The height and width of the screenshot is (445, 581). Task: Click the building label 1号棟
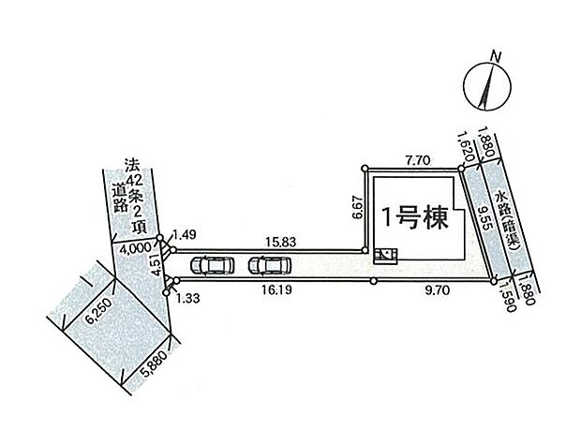tap(415, 217)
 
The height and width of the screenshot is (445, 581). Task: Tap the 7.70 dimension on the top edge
tap(418, 160)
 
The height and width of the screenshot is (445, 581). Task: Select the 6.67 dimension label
tap(358, 209)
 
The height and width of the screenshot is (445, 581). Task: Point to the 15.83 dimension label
tap(281, 242)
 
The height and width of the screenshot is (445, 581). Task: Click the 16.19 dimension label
tap(276, 289)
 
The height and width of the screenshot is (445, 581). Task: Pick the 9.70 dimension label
tap(438, 290)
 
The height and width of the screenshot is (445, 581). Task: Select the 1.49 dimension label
tap(184, 234)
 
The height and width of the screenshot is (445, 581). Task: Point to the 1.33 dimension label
tap(187, 298)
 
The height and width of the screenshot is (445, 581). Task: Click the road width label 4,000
tap(135, 248)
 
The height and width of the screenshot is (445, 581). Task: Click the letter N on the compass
tap(496, 56)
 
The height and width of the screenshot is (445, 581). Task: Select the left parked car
tap(212, 265)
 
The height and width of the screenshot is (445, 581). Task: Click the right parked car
tap(270, 265)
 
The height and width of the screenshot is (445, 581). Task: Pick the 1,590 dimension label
tap(507, 296)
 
